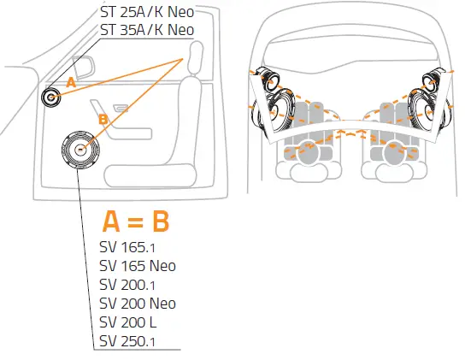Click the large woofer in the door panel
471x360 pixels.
point(79,149)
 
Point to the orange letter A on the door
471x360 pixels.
point(71,82)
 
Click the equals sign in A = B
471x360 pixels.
point(135,221)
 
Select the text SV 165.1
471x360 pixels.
point(128,247)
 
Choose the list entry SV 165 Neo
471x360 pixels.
point(138,266)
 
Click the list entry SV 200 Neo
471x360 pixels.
point(138,304)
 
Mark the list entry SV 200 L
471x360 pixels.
point(132,322)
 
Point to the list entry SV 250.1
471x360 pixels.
point(128,341)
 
